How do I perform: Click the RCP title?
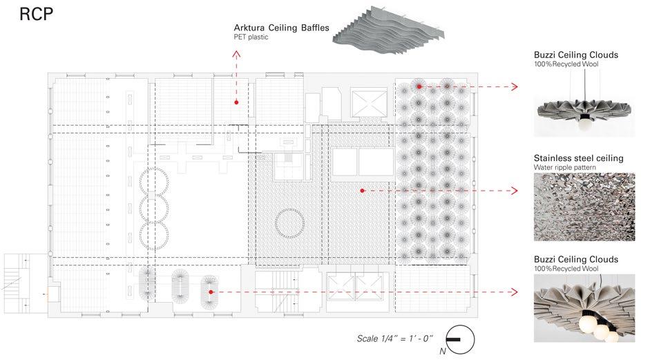pos(37,15)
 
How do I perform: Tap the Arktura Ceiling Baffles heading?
pos(281,28)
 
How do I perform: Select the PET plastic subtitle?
pos(251,38)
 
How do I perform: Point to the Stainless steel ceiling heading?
pos(578,158)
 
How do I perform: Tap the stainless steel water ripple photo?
pos(584,207)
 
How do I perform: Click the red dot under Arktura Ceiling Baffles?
pos(236,102)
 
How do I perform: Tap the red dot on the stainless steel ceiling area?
pos(361,190)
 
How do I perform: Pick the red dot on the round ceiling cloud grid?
pos(418,86)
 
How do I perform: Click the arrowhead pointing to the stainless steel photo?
pos(514,190)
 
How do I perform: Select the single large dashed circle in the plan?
pos(289,222)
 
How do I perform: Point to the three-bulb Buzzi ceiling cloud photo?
pos(584,307)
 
